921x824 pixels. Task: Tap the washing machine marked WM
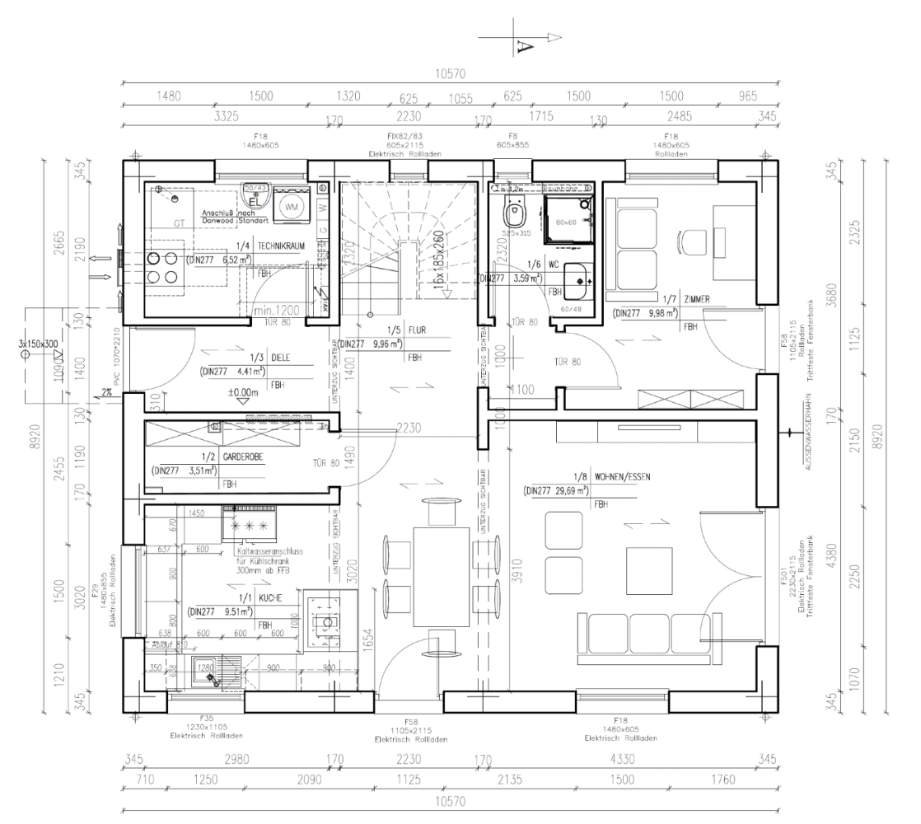tap(292, 207)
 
